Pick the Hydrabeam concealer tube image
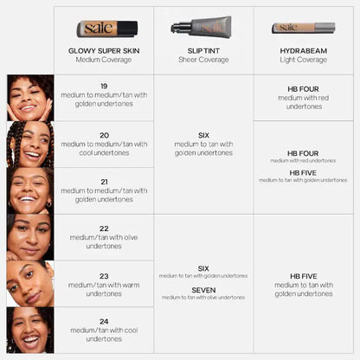304,28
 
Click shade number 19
104,87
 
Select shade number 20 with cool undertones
104,135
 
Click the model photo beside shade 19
30,97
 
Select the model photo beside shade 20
30,144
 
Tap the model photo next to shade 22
30,236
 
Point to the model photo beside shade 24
30,330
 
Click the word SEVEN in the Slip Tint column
203,289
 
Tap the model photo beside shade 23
30,283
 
